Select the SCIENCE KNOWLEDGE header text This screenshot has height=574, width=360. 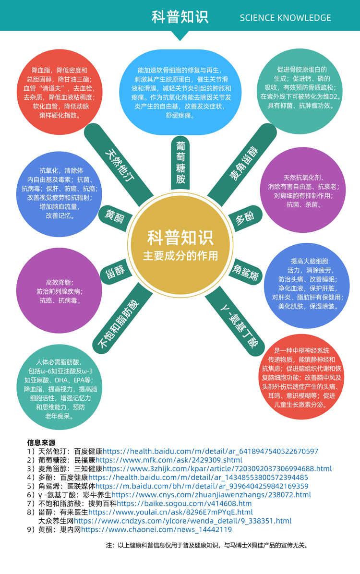(285, 18)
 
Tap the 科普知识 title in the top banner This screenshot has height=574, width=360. (180, 17)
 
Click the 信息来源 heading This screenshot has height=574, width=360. (41, 442)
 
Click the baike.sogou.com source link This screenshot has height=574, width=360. (184, 503)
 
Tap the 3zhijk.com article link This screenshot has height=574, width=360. (217, 468)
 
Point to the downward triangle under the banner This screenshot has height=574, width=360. (180, 36)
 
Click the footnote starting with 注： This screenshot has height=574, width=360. (206, 545)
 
